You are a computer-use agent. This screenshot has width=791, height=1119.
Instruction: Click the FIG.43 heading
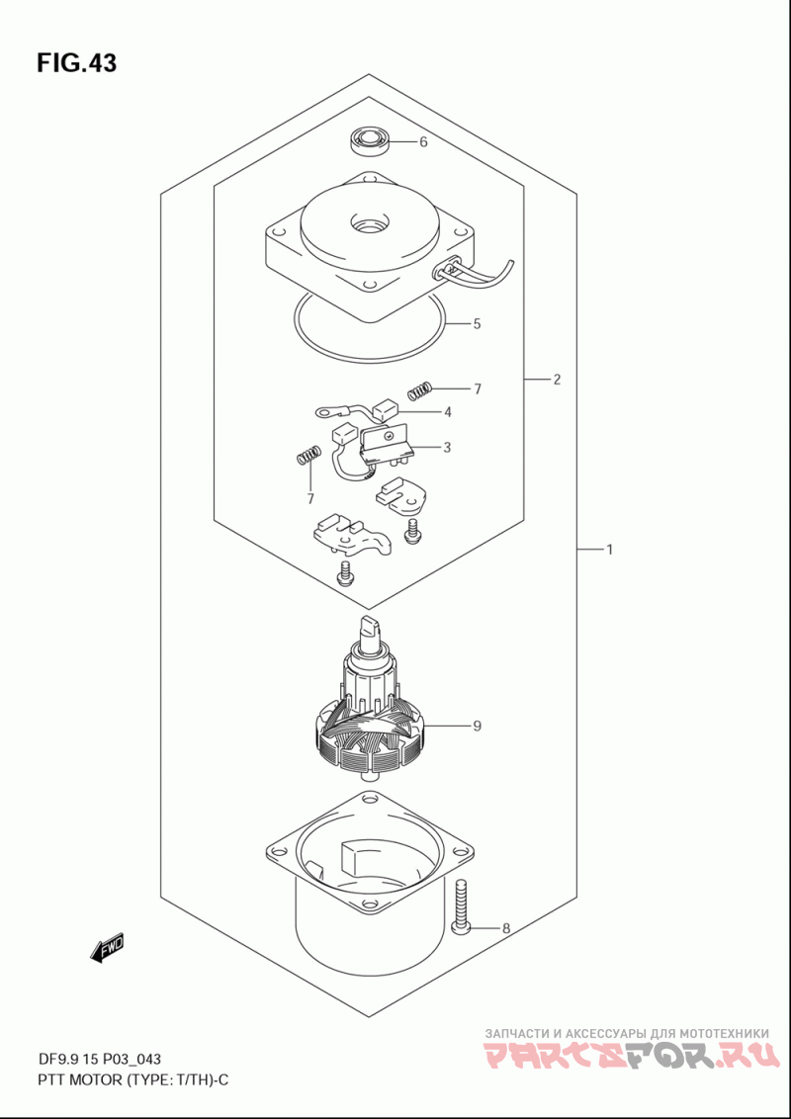click(x=77, y=63)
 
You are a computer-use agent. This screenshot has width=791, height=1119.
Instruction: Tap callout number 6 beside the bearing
click(x=423, y=142)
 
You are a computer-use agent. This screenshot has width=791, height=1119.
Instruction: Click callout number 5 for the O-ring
click(x=477, y=324)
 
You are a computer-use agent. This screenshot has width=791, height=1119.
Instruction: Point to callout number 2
click(x=557, y=379)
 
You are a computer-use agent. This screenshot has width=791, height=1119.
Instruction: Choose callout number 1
click(x=610, y=550)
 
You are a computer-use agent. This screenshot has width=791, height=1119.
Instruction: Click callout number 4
click(x=448, y=412)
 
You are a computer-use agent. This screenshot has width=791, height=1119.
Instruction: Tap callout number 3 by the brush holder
click(x=447, y=448)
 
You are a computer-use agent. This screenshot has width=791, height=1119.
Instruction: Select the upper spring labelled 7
click(x=421, y=390)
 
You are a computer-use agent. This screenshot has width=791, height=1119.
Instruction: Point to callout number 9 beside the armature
click(x=477, y=727)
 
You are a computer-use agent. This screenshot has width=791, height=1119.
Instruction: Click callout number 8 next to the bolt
click(x=506, y=928)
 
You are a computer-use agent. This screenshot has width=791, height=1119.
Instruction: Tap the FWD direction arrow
click(x=107, y=947)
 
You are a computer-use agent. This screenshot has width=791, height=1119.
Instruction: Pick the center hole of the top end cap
click(x=370, y=224)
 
